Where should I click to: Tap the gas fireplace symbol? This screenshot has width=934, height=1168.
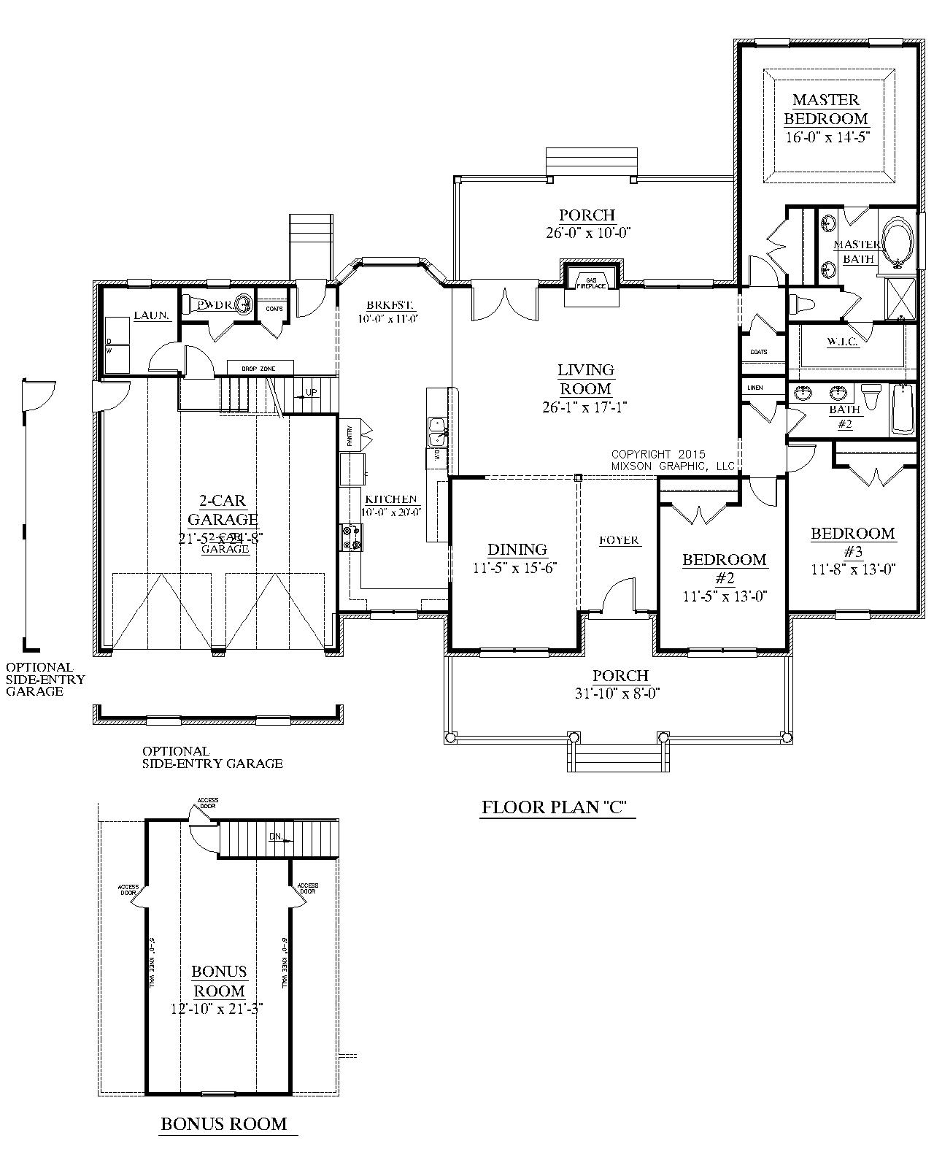point(591,283)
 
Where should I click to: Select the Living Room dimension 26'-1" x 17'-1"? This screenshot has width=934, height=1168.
point(586,407)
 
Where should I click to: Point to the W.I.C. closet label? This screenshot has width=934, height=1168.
point(841,342)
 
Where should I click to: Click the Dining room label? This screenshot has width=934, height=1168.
point(517,549)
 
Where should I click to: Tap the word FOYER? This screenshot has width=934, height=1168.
point(620,540)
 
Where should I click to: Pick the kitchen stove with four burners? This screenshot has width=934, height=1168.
point(350,537)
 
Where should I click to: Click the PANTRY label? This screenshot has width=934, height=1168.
point(350,436)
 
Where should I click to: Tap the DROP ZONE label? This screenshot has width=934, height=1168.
point(259,369)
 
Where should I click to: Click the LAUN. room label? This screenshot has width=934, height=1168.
point(152,315)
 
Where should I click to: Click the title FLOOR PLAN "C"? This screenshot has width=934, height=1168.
point(555,807)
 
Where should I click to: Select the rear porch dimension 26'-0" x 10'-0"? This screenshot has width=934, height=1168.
point(587,233)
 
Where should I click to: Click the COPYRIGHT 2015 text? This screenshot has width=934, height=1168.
point(658,454)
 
